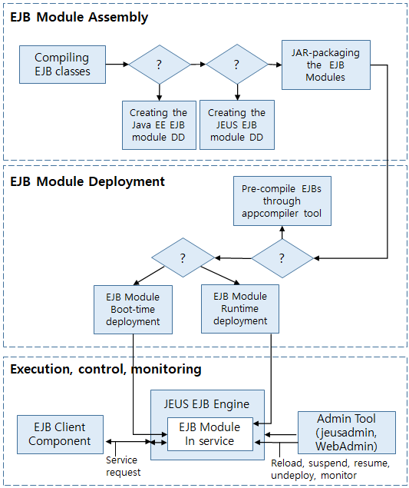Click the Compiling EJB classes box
click(x=62, y=65)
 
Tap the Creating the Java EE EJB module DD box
click(x=158, y=124)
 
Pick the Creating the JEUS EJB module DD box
click(x=237, y=124)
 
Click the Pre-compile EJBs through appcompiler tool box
click(x=282, y=201)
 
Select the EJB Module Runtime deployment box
click(x=240, y=308)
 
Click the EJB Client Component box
click(x=60, y=434)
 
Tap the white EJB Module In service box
click(x=210, y=434)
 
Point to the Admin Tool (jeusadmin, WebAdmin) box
click(x=346, y=431)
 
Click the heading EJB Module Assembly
click(x=79, y=17)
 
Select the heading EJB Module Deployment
click(x=87, y=182)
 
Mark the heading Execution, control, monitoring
click(x=105, y=370)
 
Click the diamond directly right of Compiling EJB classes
click(x=159, y=65)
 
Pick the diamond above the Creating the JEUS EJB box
click(x=237, y=65)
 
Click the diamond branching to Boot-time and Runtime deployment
click(x=183, y=257)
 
